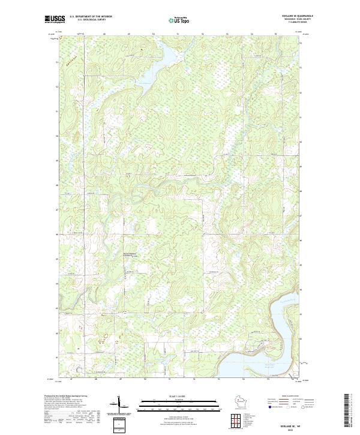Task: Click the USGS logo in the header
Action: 53,20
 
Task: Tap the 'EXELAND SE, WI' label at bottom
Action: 298,424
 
